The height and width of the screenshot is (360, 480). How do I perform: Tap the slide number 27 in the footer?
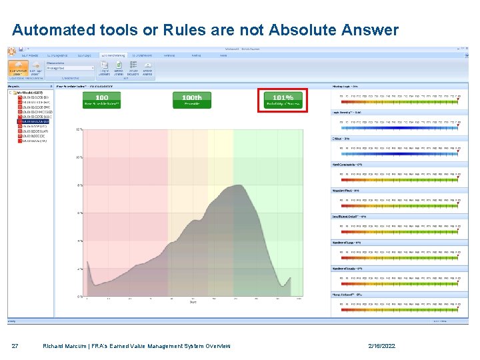(x=15, y=346)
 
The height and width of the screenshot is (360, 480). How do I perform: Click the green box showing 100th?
(x=191, y=100)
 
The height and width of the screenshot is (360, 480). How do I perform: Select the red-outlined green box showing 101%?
(x=283, y=100)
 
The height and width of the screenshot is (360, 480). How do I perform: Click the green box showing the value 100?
(x=101, y=100)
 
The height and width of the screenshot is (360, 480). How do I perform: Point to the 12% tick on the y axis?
(x=79, y=129)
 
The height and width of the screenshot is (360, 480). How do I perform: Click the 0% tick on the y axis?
(x=79, y=296)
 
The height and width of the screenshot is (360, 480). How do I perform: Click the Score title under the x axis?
(x=193, y=303)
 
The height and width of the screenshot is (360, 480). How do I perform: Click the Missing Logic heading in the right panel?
(x=345, y=86)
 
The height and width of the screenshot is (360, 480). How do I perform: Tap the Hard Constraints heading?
(x=347, y=164)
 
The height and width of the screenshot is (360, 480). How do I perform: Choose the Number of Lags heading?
(x=347, y=242)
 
